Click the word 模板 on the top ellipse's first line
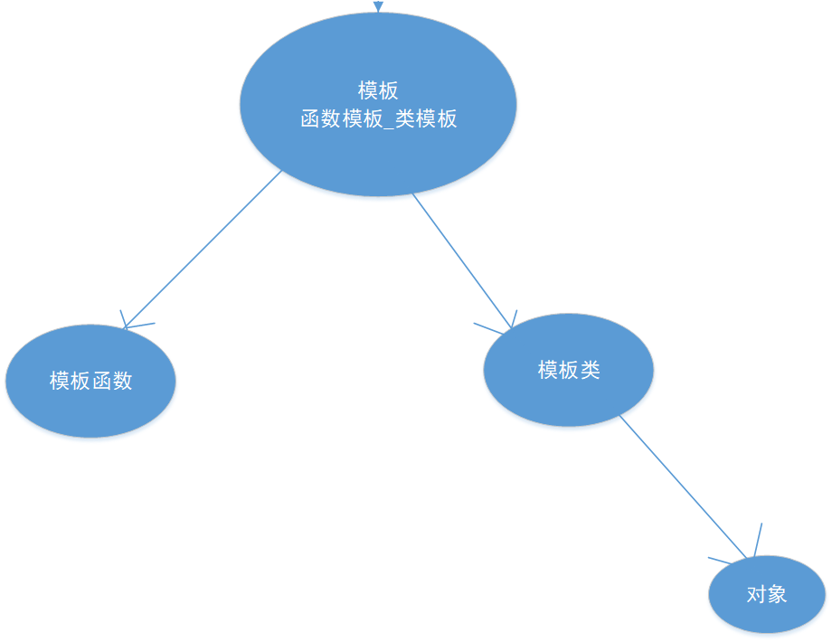(378, 91)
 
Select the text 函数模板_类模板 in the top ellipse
(378, 118)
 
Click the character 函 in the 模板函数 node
(101, 381)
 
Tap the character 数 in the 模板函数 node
(122, 381)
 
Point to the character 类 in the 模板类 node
(590, 370)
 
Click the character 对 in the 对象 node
(756, 594)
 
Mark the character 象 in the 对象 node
(777, 594)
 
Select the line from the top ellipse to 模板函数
(203, 249)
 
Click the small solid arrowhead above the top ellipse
(378, 6)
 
